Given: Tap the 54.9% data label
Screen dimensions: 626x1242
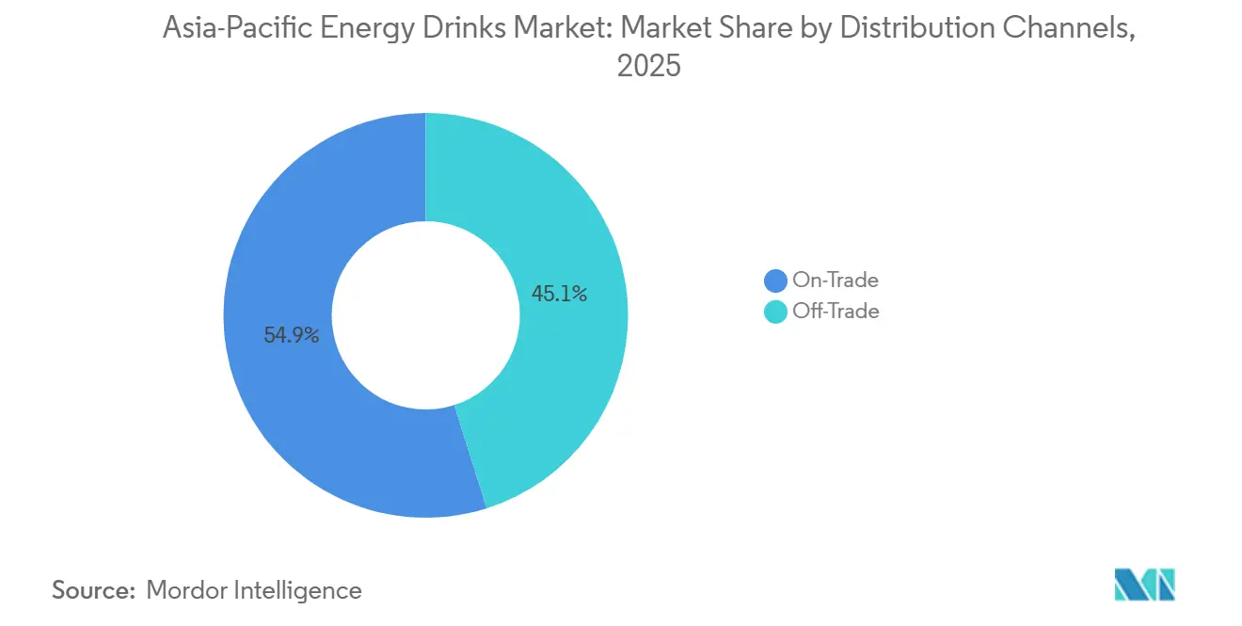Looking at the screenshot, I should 291,334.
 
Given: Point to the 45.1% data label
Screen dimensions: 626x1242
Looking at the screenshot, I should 559,294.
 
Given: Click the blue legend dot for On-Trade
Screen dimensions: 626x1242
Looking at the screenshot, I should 775,281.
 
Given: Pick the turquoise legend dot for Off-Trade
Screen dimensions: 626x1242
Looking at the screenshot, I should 775,312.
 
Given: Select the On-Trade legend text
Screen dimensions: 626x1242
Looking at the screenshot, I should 836,281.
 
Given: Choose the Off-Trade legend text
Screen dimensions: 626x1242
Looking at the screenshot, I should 836,312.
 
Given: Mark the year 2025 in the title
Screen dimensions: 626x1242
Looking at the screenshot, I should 648,68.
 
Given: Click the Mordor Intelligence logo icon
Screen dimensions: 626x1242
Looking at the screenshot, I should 1144,585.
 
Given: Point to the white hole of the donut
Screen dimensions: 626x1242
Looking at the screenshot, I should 426,315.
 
